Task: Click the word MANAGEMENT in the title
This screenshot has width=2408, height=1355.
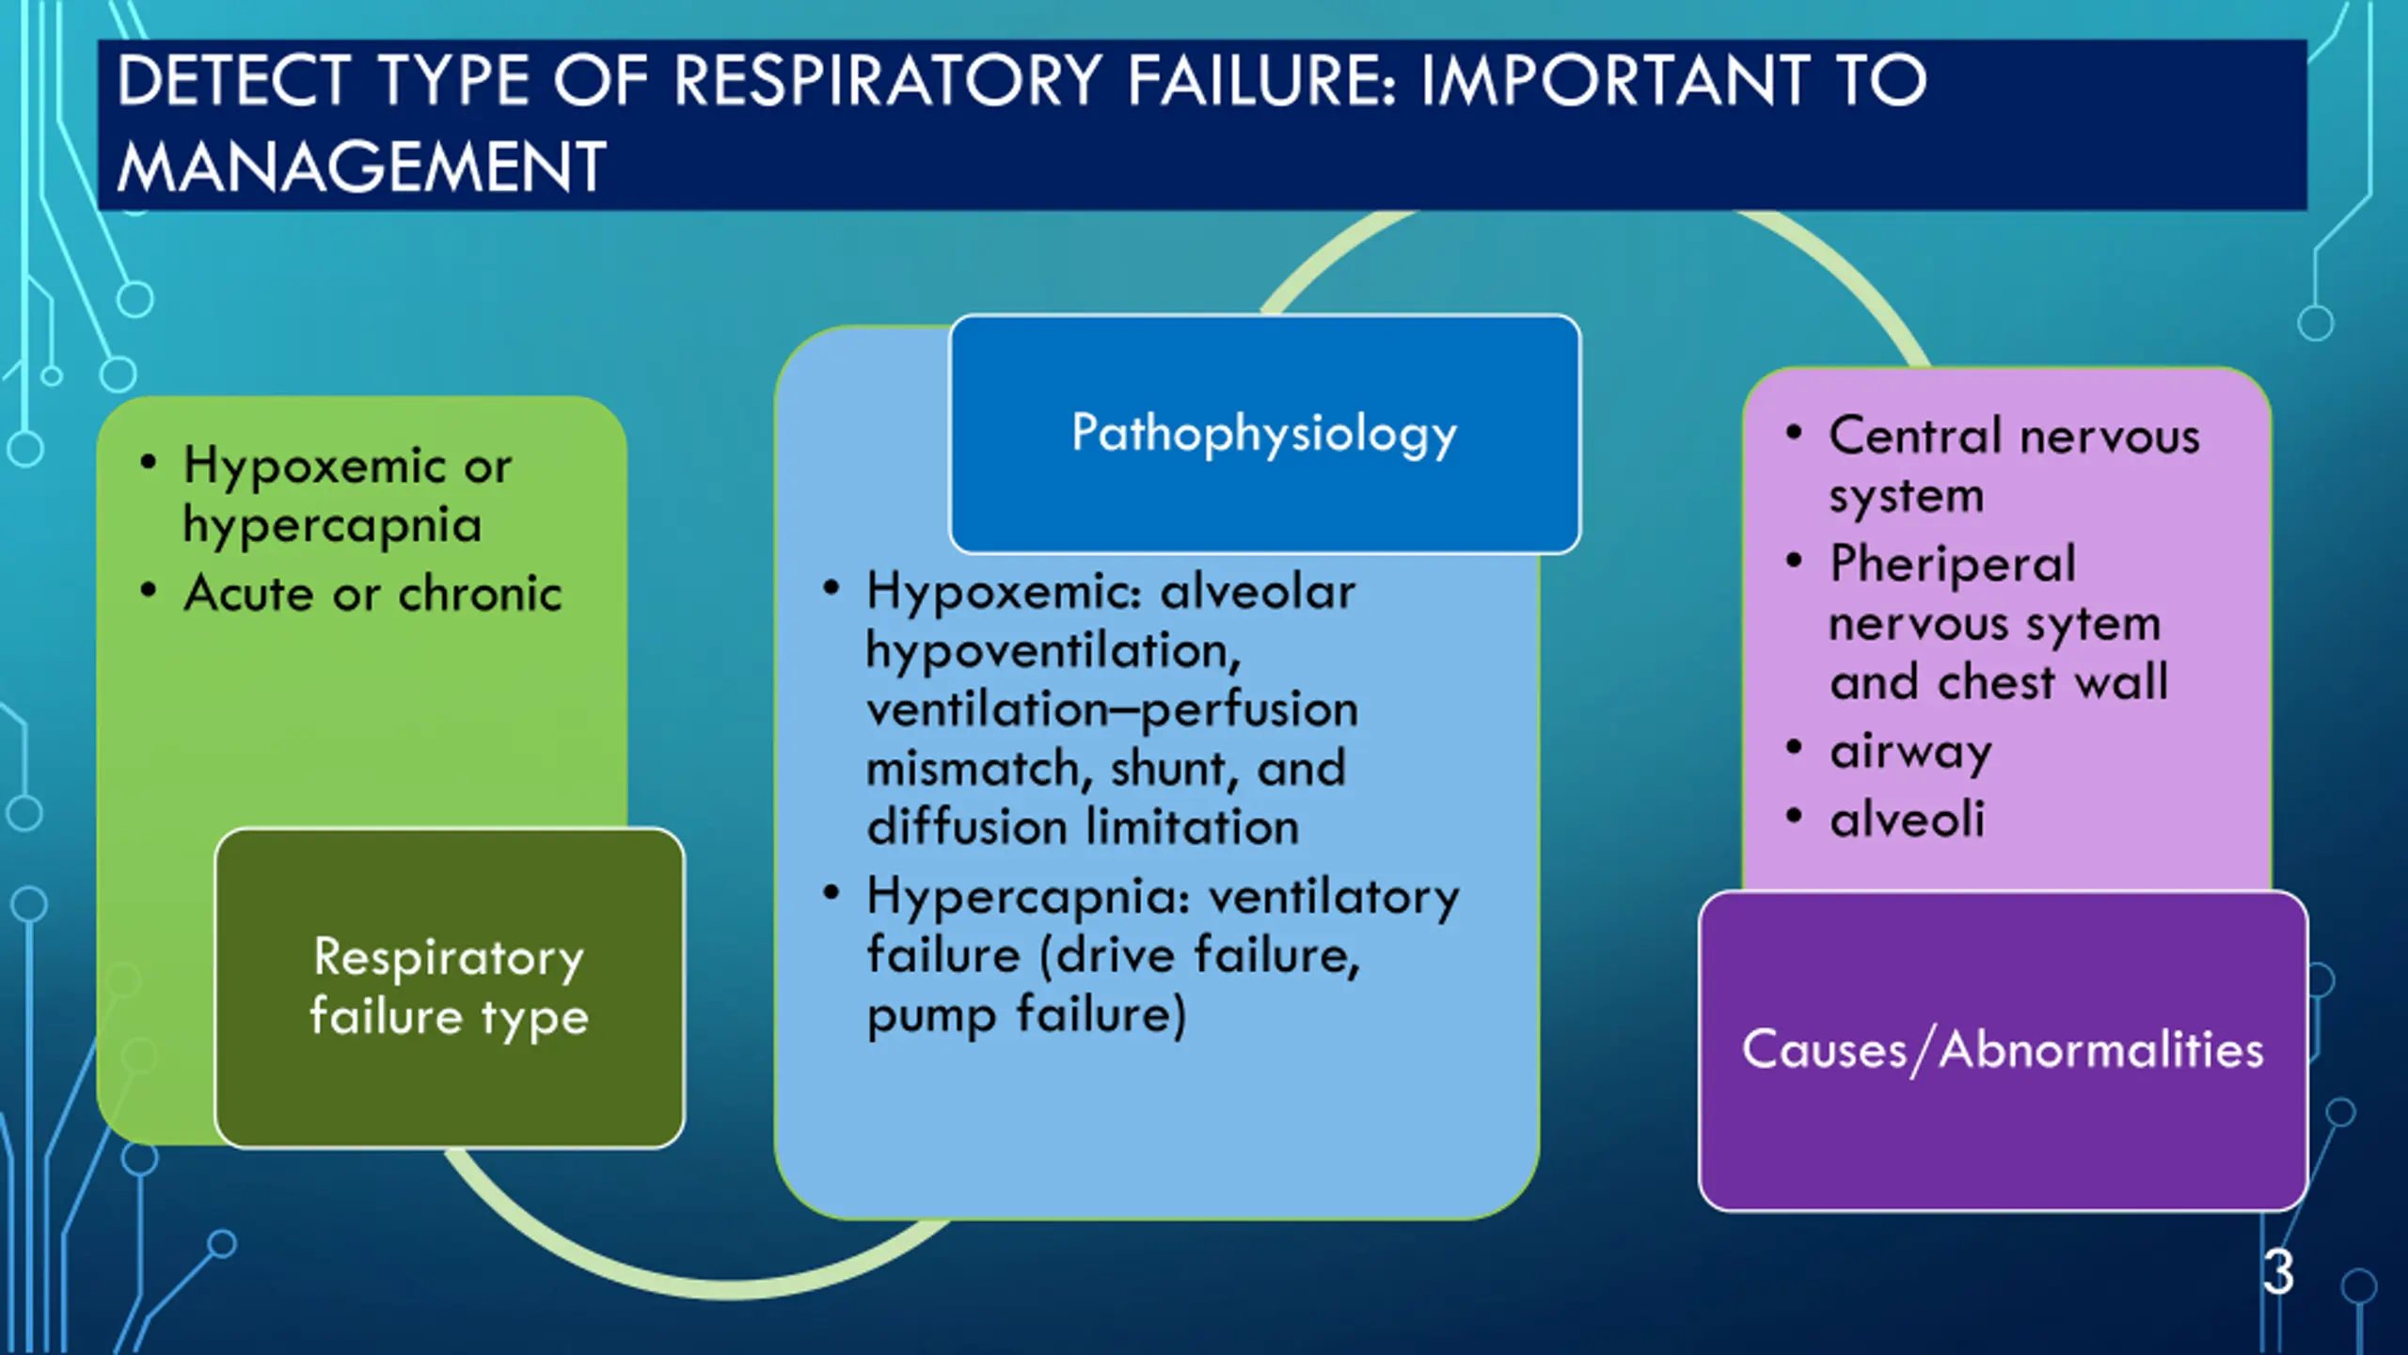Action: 361,167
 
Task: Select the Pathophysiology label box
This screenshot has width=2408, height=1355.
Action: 1264,434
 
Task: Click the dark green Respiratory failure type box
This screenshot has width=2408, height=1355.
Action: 449,987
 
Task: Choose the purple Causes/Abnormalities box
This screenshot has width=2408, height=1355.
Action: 2003,1050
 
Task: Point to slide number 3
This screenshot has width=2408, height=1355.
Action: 2278,1272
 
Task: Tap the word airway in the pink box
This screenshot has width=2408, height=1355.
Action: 1910,752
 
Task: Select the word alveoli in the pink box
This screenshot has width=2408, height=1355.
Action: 1907,820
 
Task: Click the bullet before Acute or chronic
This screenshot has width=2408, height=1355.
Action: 148,591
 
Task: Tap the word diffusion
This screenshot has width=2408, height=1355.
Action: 967,828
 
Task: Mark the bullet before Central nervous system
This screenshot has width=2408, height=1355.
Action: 1794,433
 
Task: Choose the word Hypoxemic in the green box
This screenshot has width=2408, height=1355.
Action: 314,466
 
